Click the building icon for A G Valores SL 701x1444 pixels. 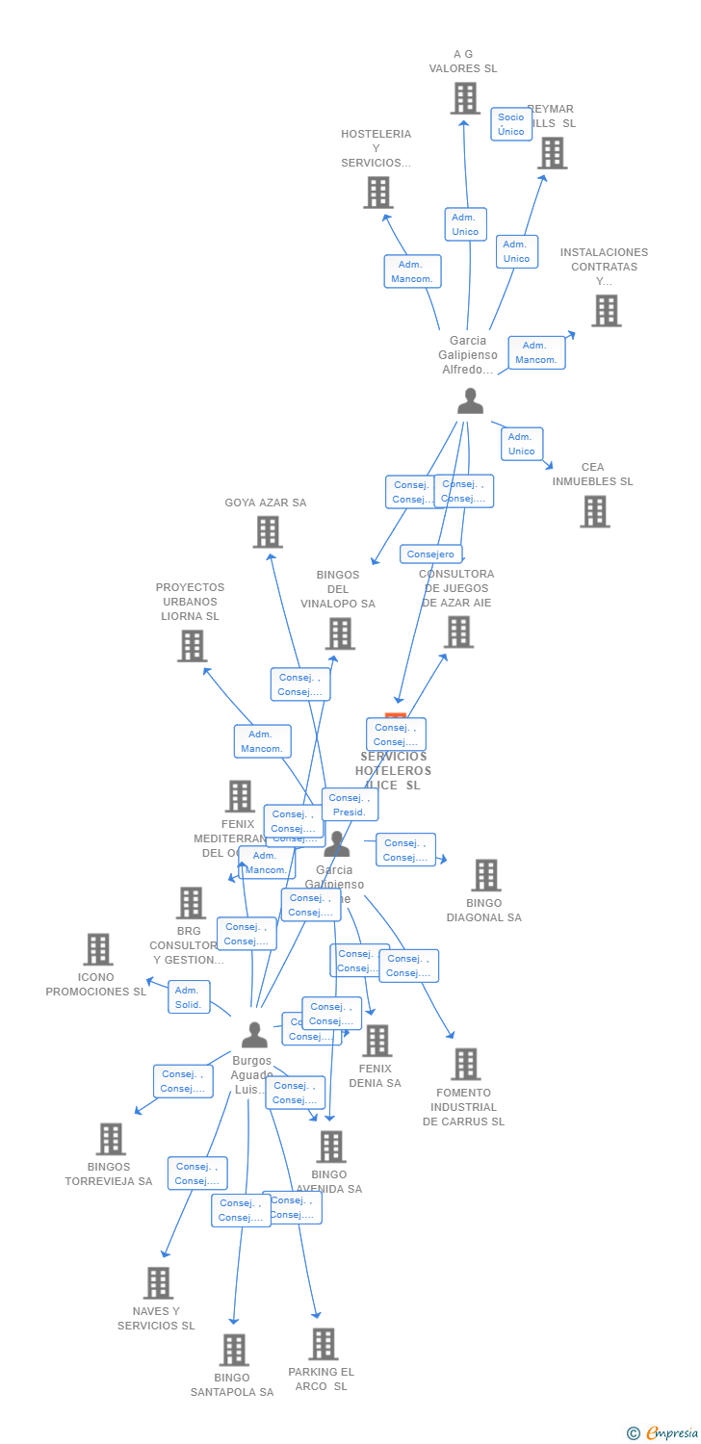465,98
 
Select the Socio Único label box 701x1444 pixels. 511,124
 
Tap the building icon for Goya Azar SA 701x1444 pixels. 268,531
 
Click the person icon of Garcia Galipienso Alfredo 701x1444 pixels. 470,400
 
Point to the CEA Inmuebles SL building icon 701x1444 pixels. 595,511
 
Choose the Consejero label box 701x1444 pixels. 430,554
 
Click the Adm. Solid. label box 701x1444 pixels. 189,997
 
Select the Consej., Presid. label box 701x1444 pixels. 350,805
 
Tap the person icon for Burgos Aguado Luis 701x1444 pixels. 254,1035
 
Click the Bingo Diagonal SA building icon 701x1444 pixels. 486,875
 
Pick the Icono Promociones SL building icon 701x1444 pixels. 97,949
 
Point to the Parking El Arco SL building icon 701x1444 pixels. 324,1344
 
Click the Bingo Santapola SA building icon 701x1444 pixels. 234,1350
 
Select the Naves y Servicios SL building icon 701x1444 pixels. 159,1283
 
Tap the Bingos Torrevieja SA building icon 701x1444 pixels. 111,1139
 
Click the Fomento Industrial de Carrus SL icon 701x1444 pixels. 466,1064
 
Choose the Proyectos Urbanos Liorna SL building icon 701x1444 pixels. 193,646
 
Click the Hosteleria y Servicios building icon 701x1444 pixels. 378,193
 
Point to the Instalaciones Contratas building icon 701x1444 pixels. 606,311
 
